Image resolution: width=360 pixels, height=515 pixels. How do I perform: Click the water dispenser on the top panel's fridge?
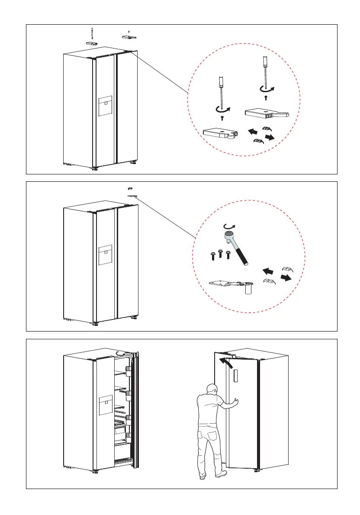(x=105, y=106)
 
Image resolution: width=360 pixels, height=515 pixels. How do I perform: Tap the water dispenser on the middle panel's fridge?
(x=105, y=255)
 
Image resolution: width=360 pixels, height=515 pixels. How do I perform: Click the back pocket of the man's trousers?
(x=214, y=434)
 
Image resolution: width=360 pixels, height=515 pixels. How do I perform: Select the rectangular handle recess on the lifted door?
(x=235, y=376)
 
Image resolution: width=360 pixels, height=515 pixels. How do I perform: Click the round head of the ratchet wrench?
(x=228, y=236)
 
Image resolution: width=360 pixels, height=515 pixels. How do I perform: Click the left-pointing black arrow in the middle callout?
(x=268, y=271)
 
